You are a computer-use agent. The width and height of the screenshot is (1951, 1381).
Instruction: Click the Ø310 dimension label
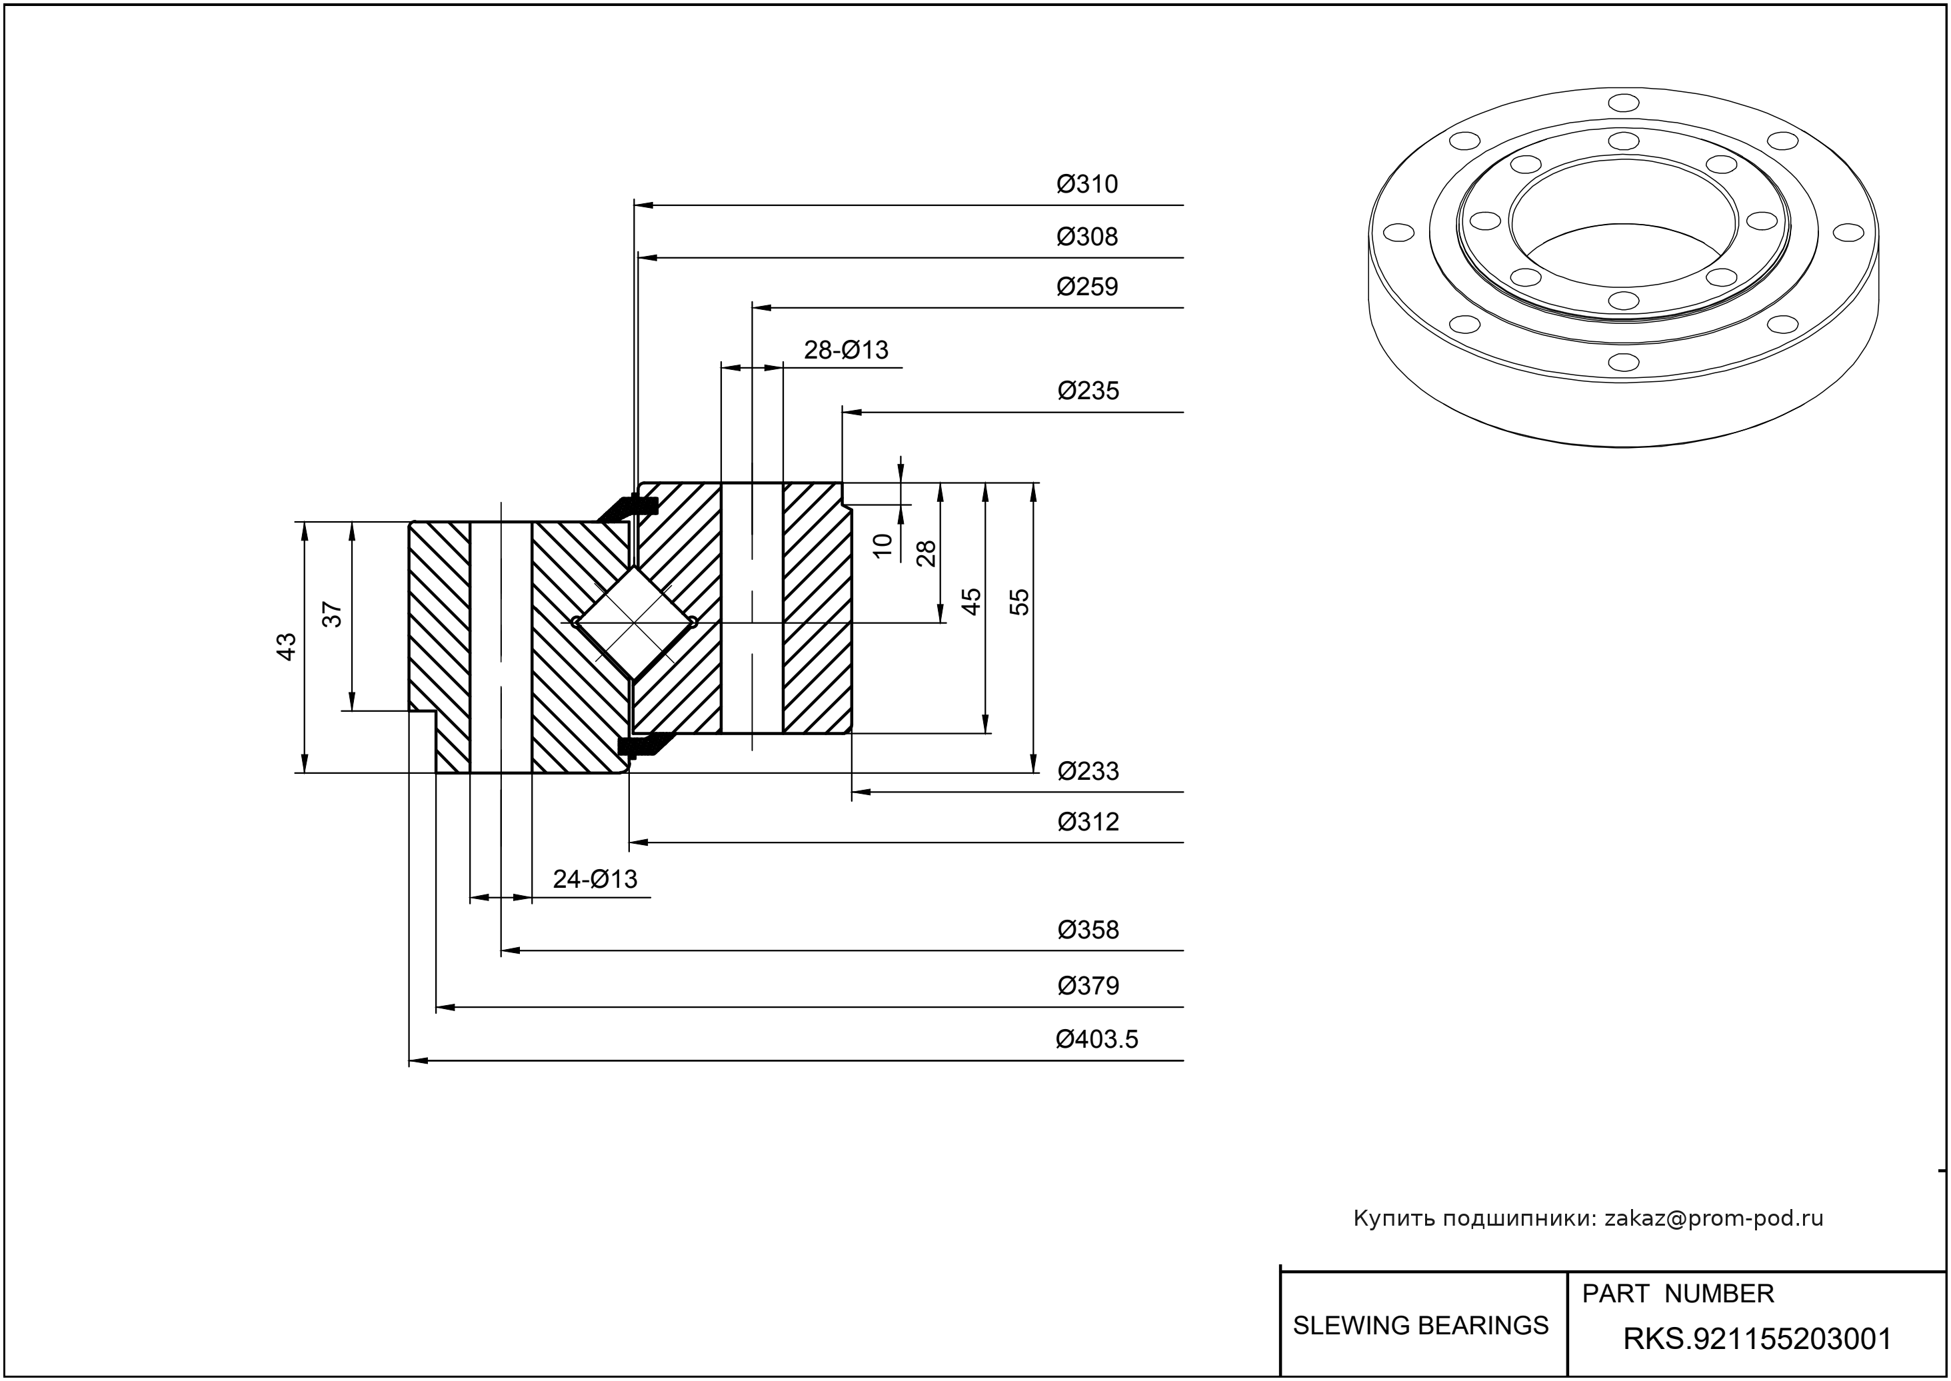coord(1087,185)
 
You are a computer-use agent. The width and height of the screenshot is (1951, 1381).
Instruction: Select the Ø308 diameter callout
coord(1087,237)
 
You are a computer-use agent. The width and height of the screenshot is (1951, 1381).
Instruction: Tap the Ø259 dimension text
coord(1087,287)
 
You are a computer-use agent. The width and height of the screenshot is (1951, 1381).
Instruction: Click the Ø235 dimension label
coord(1088,391)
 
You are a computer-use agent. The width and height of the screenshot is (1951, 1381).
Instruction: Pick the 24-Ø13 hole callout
coord(595,878)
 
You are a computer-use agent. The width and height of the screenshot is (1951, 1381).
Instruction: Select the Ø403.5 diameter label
coord(1096,1039)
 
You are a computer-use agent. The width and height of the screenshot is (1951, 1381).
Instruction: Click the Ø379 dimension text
coord(1088,986)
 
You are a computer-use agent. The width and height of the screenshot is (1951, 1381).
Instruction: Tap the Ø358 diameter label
coord(1088,930)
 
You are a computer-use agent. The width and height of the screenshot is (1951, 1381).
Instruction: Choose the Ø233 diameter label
coord(1088,771)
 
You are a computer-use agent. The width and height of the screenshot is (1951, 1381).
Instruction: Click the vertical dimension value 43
coord(287,647)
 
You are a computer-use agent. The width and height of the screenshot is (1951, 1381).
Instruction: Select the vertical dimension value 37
coord(333,614)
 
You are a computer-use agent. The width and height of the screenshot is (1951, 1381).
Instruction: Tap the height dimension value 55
coord(1019,602)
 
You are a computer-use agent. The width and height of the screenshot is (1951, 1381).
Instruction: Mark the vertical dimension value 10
coord(883,545)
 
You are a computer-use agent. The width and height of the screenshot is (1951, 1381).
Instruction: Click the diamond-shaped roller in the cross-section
coord(634,623)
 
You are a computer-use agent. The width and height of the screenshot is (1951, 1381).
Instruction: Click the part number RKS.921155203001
coord(1757,1339)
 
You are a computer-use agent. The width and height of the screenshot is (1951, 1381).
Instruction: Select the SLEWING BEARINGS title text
coord(1420,1325)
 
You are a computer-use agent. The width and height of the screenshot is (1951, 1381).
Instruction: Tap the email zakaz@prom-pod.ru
coord(1713,1218)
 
